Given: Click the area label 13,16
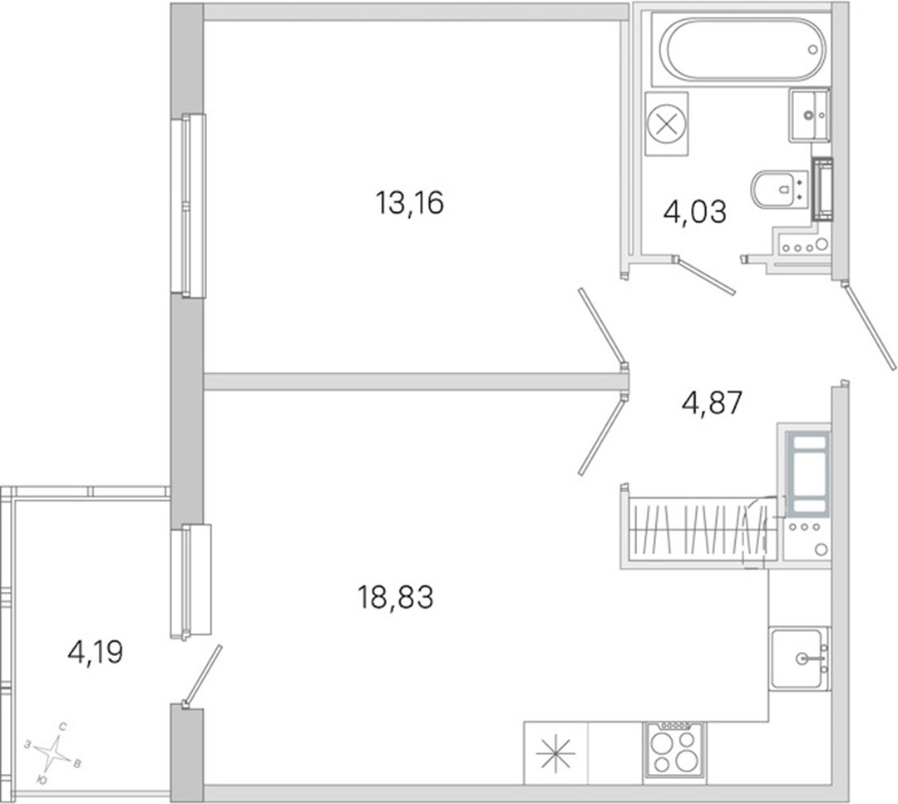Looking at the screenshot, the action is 409,204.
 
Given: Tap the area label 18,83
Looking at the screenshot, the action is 395,597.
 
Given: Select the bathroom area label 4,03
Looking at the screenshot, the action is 694,212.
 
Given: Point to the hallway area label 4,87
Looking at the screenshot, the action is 712,402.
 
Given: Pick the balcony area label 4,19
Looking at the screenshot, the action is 95,652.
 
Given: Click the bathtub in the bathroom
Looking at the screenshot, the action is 743,49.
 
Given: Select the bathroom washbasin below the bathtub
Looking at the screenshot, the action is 809,115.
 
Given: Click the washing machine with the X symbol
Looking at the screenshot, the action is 666,124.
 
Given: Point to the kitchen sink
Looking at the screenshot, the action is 799,658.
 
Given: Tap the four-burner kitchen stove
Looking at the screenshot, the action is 674,750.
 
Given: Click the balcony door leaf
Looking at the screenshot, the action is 201,676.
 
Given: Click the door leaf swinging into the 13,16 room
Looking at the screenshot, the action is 603,328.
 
